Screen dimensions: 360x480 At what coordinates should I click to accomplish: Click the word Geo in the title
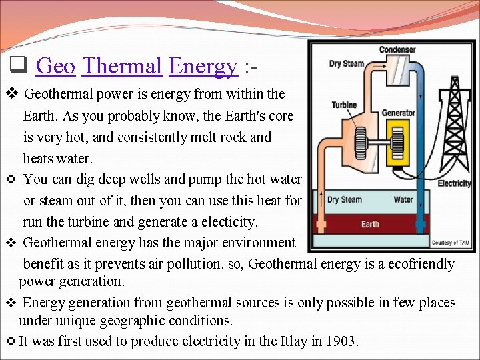point(55,66)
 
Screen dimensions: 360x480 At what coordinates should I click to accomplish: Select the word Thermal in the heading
point(122,66)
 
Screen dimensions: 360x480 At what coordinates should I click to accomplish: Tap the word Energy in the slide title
point(203,66)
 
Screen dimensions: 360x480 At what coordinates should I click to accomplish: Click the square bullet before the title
point(18,66)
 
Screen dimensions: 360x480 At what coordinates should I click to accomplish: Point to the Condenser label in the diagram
point(397,49)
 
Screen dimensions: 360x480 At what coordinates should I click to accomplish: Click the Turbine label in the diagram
point(344,105)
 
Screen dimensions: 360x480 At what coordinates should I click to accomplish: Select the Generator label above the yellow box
point(399,113)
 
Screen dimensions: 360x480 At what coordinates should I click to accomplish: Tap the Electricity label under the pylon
point(454,183)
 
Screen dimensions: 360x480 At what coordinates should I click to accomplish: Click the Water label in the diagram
point(403,199)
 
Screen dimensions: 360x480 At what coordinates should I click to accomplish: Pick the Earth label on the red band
point(370,224)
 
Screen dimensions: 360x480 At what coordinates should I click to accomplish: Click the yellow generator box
point(399,142)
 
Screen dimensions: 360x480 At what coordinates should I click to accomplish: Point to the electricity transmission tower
point(455,127)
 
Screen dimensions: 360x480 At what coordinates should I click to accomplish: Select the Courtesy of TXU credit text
point(451,243)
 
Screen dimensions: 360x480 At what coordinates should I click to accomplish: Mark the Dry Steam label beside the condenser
point(346,64)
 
